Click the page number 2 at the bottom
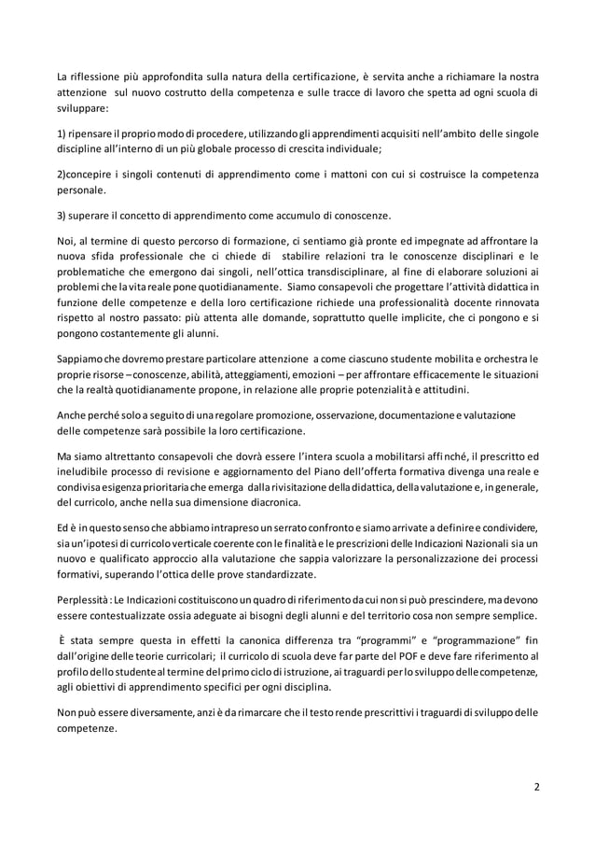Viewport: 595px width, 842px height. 536,785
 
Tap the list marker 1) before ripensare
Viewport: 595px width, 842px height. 62,133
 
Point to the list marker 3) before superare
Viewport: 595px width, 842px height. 62,216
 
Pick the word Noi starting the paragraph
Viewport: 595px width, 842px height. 67,241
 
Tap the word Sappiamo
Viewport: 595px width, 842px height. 84,358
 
